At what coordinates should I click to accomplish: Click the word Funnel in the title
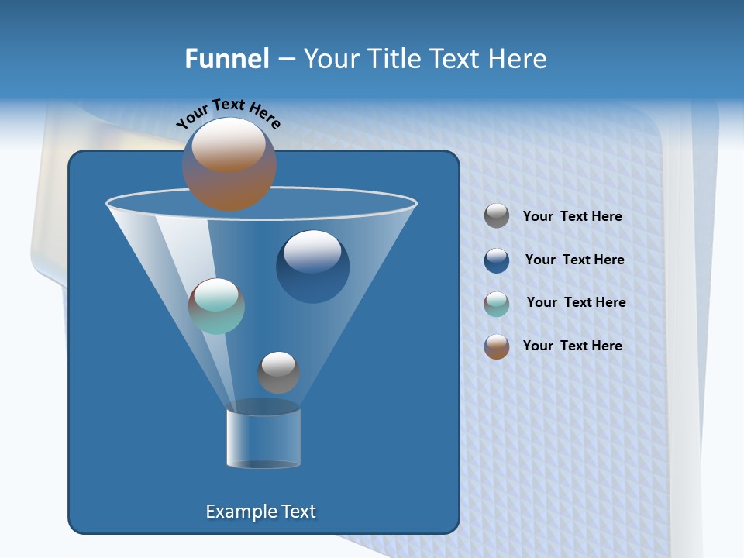[227, 59]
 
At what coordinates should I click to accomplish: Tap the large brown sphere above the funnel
[229, 164]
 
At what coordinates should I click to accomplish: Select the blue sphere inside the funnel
[312, 267]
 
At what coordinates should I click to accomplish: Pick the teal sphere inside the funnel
[216, 306]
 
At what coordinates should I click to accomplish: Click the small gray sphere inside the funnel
[278, 373]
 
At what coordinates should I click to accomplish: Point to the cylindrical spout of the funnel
[263, 438]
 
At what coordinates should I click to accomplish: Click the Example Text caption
[260, 511]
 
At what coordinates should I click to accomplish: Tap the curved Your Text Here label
[228, 113]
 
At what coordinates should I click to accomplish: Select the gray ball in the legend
[497, 216]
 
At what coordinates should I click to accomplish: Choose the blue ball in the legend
[497, 260]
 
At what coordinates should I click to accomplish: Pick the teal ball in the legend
[497, 303]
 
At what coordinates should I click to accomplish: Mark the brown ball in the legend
[497, 346]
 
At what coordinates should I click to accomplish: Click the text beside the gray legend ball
[572, 217]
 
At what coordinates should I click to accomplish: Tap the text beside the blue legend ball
[574, 260]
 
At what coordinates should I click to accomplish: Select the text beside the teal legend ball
[576, 303]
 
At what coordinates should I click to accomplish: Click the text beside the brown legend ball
[572, 346]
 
